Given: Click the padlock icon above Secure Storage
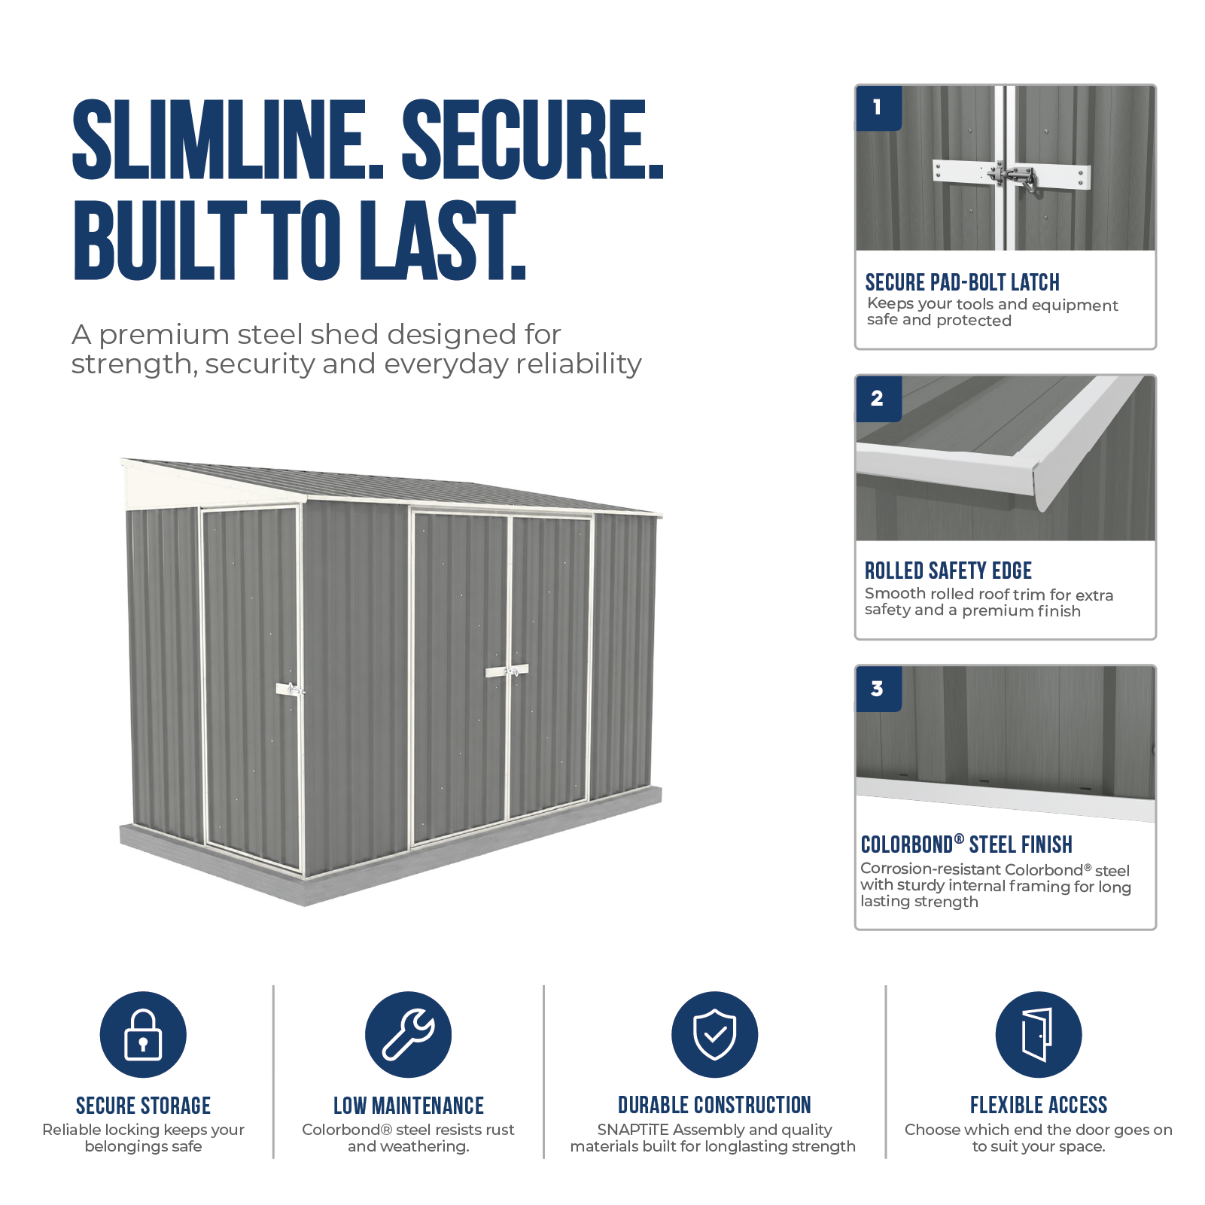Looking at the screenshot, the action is pyautogui.click(x=143, y=1034).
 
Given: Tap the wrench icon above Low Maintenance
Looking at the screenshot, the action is pyautogui.click(x=408, y=1034).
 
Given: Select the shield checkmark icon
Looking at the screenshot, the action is pyautogui.click(x=714, y=1034).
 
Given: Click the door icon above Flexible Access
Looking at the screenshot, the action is pyautogui.click(x=1038, y=1034).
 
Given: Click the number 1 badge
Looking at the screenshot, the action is pyautogui.click(x=878, y=108).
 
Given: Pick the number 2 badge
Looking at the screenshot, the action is pyautogui.click(x=878, y=398).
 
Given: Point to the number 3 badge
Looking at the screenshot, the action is pyautogui.click(x=878, y=689).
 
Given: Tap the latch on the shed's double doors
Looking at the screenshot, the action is pyautogui.click(x=507, y=671).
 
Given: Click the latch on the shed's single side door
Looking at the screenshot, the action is pyautogui.click(x=291, y=689).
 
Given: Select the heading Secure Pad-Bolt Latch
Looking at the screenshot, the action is pyautogui.click(x=962, y=282).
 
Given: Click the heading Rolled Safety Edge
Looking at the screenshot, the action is pyautogui.click(x=948, y=571).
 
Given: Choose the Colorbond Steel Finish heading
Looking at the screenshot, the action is pyautogui.click(x=966, y=844).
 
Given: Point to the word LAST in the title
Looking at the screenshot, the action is pyautogui.click(x=442, y=240).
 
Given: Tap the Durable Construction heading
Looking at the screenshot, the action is pyautogui.click(x=714, y=1105).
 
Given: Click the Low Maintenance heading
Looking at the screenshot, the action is pyautogui.click(x=409, y=1106).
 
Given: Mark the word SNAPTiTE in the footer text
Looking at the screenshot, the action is pyautogui.click(x=633, y=1130).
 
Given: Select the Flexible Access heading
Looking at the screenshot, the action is pyautogui.click(x=1039, y=1105).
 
